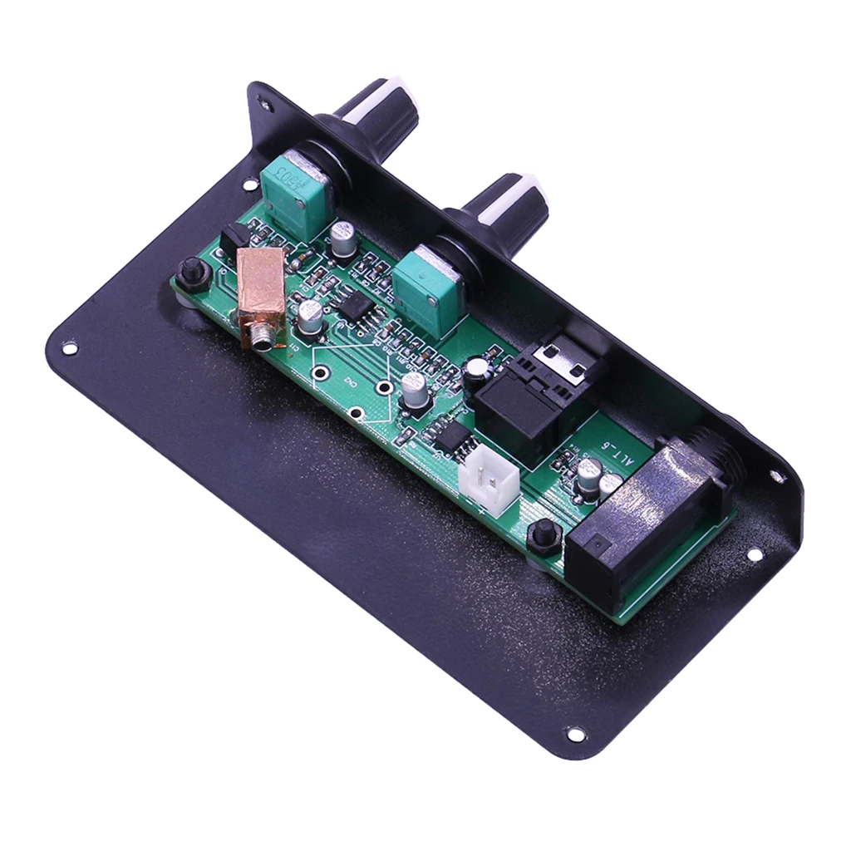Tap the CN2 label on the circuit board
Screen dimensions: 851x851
350,383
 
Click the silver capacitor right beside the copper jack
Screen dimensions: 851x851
311,316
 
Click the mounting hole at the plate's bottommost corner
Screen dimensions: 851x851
574,734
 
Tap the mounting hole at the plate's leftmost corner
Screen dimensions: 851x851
70,347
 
